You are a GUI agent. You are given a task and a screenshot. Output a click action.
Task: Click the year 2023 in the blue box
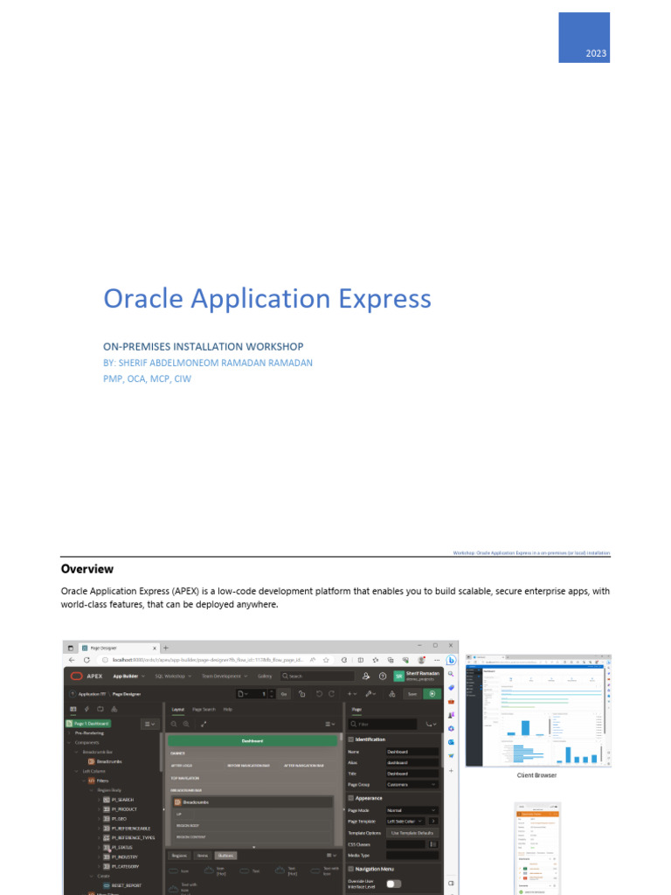[596, 54]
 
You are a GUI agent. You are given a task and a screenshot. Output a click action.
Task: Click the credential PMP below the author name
[114, 378]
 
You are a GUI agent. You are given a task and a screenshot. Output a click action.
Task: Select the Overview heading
[87, 569]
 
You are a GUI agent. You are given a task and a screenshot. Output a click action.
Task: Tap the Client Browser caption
[536, 775]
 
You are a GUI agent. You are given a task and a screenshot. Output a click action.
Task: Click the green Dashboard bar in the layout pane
[252, 740]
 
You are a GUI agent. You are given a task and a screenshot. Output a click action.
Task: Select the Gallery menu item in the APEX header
[265, 676]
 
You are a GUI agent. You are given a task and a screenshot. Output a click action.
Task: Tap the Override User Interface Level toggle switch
[394, 884]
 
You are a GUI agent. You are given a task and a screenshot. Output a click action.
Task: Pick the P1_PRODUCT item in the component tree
[125, 808]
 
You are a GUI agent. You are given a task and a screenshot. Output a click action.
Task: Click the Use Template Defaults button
[412, 833]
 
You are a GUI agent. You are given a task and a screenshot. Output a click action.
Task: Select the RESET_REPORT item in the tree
[127, 885]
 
